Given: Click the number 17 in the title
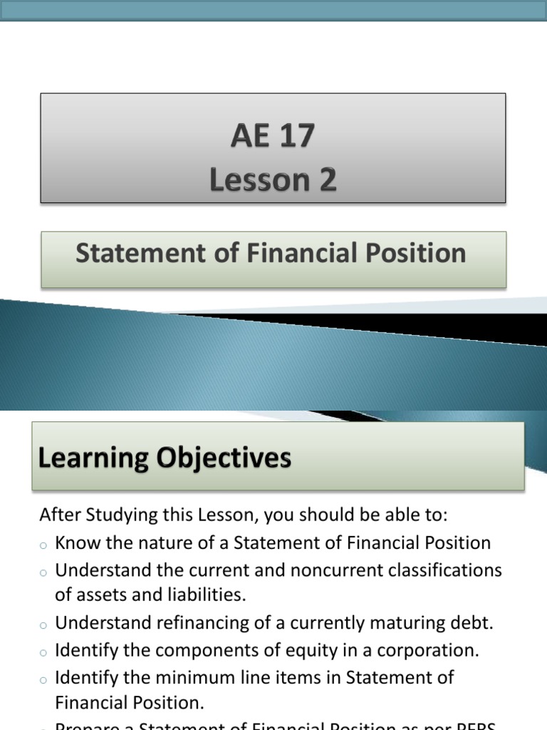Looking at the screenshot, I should tap(293, 135).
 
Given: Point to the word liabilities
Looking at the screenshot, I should tap(205, 594).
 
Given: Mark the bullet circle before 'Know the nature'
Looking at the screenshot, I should tap(43, 545).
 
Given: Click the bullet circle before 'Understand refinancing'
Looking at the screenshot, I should tap(43, 624).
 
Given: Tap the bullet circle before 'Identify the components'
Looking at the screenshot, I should tap(43, 652).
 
